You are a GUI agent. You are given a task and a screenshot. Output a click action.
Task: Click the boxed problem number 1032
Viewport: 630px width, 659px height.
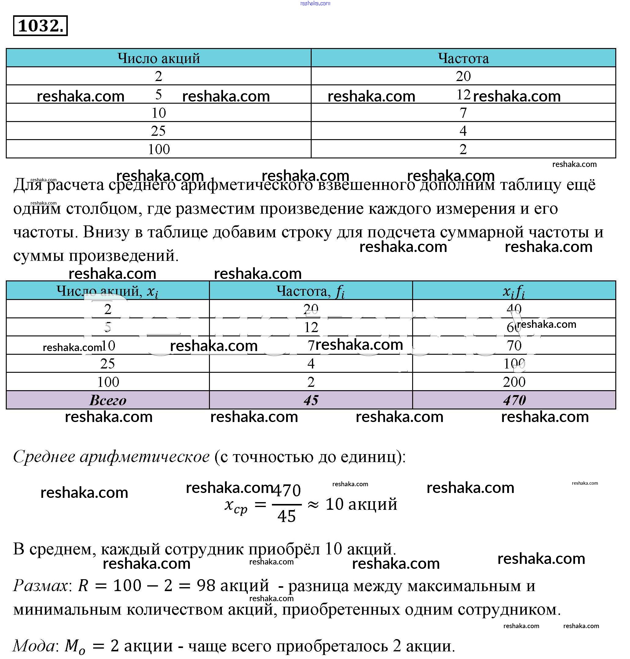40,26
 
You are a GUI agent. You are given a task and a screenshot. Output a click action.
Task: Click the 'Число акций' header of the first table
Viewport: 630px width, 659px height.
159,58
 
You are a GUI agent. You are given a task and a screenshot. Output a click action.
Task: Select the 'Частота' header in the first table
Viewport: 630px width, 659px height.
463,58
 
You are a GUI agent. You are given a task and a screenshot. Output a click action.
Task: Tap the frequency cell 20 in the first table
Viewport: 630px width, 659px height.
463,76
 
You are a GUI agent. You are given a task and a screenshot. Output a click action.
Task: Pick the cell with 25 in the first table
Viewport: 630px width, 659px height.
158,131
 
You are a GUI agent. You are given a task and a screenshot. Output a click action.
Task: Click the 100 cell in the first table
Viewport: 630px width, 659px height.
159,149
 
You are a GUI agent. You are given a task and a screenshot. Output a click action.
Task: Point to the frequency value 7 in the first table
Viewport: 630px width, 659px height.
463,113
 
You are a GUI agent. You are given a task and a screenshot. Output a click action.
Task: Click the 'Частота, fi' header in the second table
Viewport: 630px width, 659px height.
311,291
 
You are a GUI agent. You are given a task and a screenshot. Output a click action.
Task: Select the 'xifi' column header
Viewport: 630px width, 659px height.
514,291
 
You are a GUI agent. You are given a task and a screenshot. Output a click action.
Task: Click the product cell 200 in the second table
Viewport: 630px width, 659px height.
514,382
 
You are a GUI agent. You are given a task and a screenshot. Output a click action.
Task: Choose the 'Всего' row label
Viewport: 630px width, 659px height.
108,400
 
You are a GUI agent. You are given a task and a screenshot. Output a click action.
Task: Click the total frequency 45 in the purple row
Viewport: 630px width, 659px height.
311,400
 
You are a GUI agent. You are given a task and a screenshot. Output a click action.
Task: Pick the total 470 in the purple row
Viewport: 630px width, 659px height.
514,400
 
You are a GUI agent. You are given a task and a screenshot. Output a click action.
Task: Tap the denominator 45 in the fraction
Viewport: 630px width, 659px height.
287,516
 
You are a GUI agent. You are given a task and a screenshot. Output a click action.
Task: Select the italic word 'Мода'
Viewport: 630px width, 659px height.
34,646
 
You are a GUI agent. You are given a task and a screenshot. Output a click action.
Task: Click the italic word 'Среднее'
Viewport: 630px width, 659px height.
44,457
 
